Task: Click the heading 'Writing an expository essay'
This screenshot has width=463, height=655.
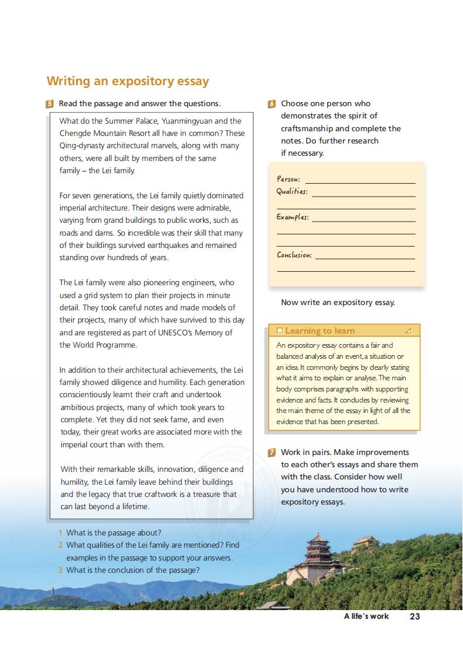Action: pos(128,81)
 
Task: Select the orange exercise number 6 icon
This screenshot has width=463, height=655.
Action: pos(272,104)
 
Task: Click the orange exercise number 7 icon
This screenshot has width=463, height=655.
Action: pos(272,453)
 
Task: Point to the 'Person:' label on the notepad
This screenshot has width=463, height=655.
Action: pos(288,180)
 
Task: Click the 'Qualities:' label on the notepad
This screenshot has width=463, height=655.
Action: pos(292,192)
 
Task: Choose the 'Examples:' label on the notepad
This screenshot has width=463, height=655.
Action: pos(292,217)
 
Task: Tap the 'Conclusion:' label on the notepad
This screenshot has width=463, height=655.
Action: pos(294,255)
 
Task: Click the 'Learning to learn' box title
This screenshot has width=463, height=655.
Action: pos(320,331)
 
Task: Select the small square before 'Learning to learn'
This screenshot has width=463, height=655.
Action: pos(280,331)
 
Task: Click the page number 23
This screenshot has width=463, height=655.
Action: pos(415,616)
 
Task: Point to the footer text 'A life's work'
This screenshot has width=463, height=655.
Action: pos(366,616)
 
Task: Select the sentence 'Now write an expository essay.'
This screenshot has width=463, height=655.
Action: pos(338,302)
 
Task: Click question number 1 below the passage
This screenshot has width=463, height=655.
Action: pos(61,533)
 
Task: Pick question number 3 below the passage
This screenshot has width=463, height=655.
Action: pos(61,570)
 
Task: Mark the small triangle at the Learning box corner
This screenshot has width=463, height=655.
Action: pos(408,331)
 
